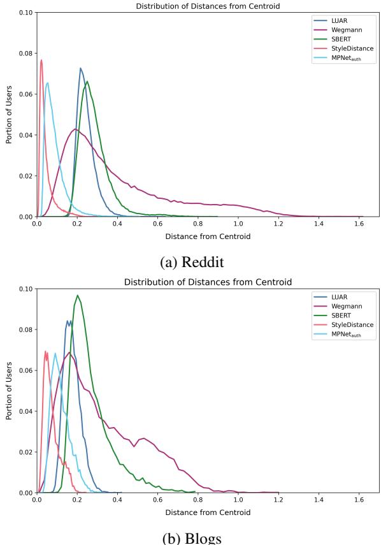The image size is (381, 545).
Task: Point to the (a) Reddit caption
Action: coord(190,262)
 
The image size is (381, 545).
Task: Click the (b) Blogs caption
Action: coord(191,537)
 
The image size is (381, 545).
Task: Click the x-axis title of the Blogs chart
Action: coord(208,512)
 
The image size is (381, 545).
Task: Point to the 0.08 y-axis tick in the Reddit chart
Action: coord(25,53)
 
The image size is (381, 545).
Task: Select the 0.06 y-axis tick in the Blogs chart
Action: coord(25,370)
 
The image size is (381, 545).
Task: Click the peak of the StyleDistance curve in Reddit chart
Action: coord(41,60)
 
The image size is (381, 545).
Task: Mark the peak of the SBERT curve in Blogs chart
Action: coord(77,295)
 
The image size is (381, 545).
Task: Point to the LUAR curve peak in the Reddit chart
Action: coord(81,68)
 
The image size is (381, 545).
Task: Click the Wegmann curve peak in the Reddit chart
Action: coord(76,129)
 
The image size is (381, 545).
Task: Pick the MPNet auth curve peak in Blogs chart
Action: coord(55,353)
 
